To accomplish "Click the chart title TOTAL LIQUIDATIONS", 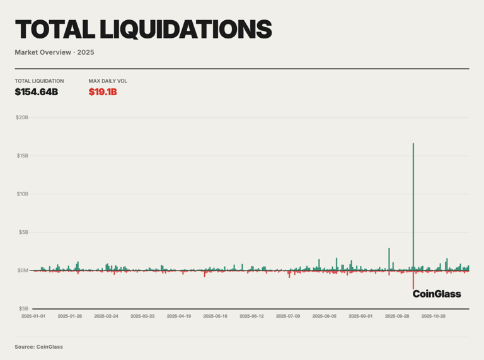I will point(143,29).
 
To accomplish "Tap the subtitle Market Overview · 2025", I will point(54,52).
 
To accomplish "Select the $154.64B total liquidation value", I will point(36,92).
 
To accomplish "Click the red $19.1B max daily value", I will point(103,92).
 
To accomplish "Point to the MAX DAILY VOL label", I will point(108,81).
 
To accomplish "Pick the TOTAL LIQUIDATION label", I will point(39,81).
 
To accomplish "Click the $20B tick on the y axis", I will point(22,117).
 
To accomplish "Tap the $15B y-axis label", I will point(22,155).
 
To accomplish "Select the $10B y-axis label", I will point(22,194).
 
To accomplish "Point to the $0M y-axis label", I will point(22,270).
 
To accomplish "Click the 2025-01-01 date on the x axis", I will point(33,316).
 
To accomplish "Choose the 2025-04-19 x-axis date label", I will point(179,316).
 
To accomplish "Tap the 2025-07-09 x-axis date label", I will point(288,316).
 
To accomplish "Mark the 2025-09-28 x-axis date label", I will point(397,316).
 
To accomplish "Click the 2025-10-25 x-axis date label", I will point(434,316).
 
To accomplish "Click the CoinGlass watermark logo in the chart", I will point(437,294).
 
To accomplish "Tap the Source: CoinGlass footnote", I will point(39,347).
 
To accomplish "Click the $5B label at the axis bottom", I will point(22,308).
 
